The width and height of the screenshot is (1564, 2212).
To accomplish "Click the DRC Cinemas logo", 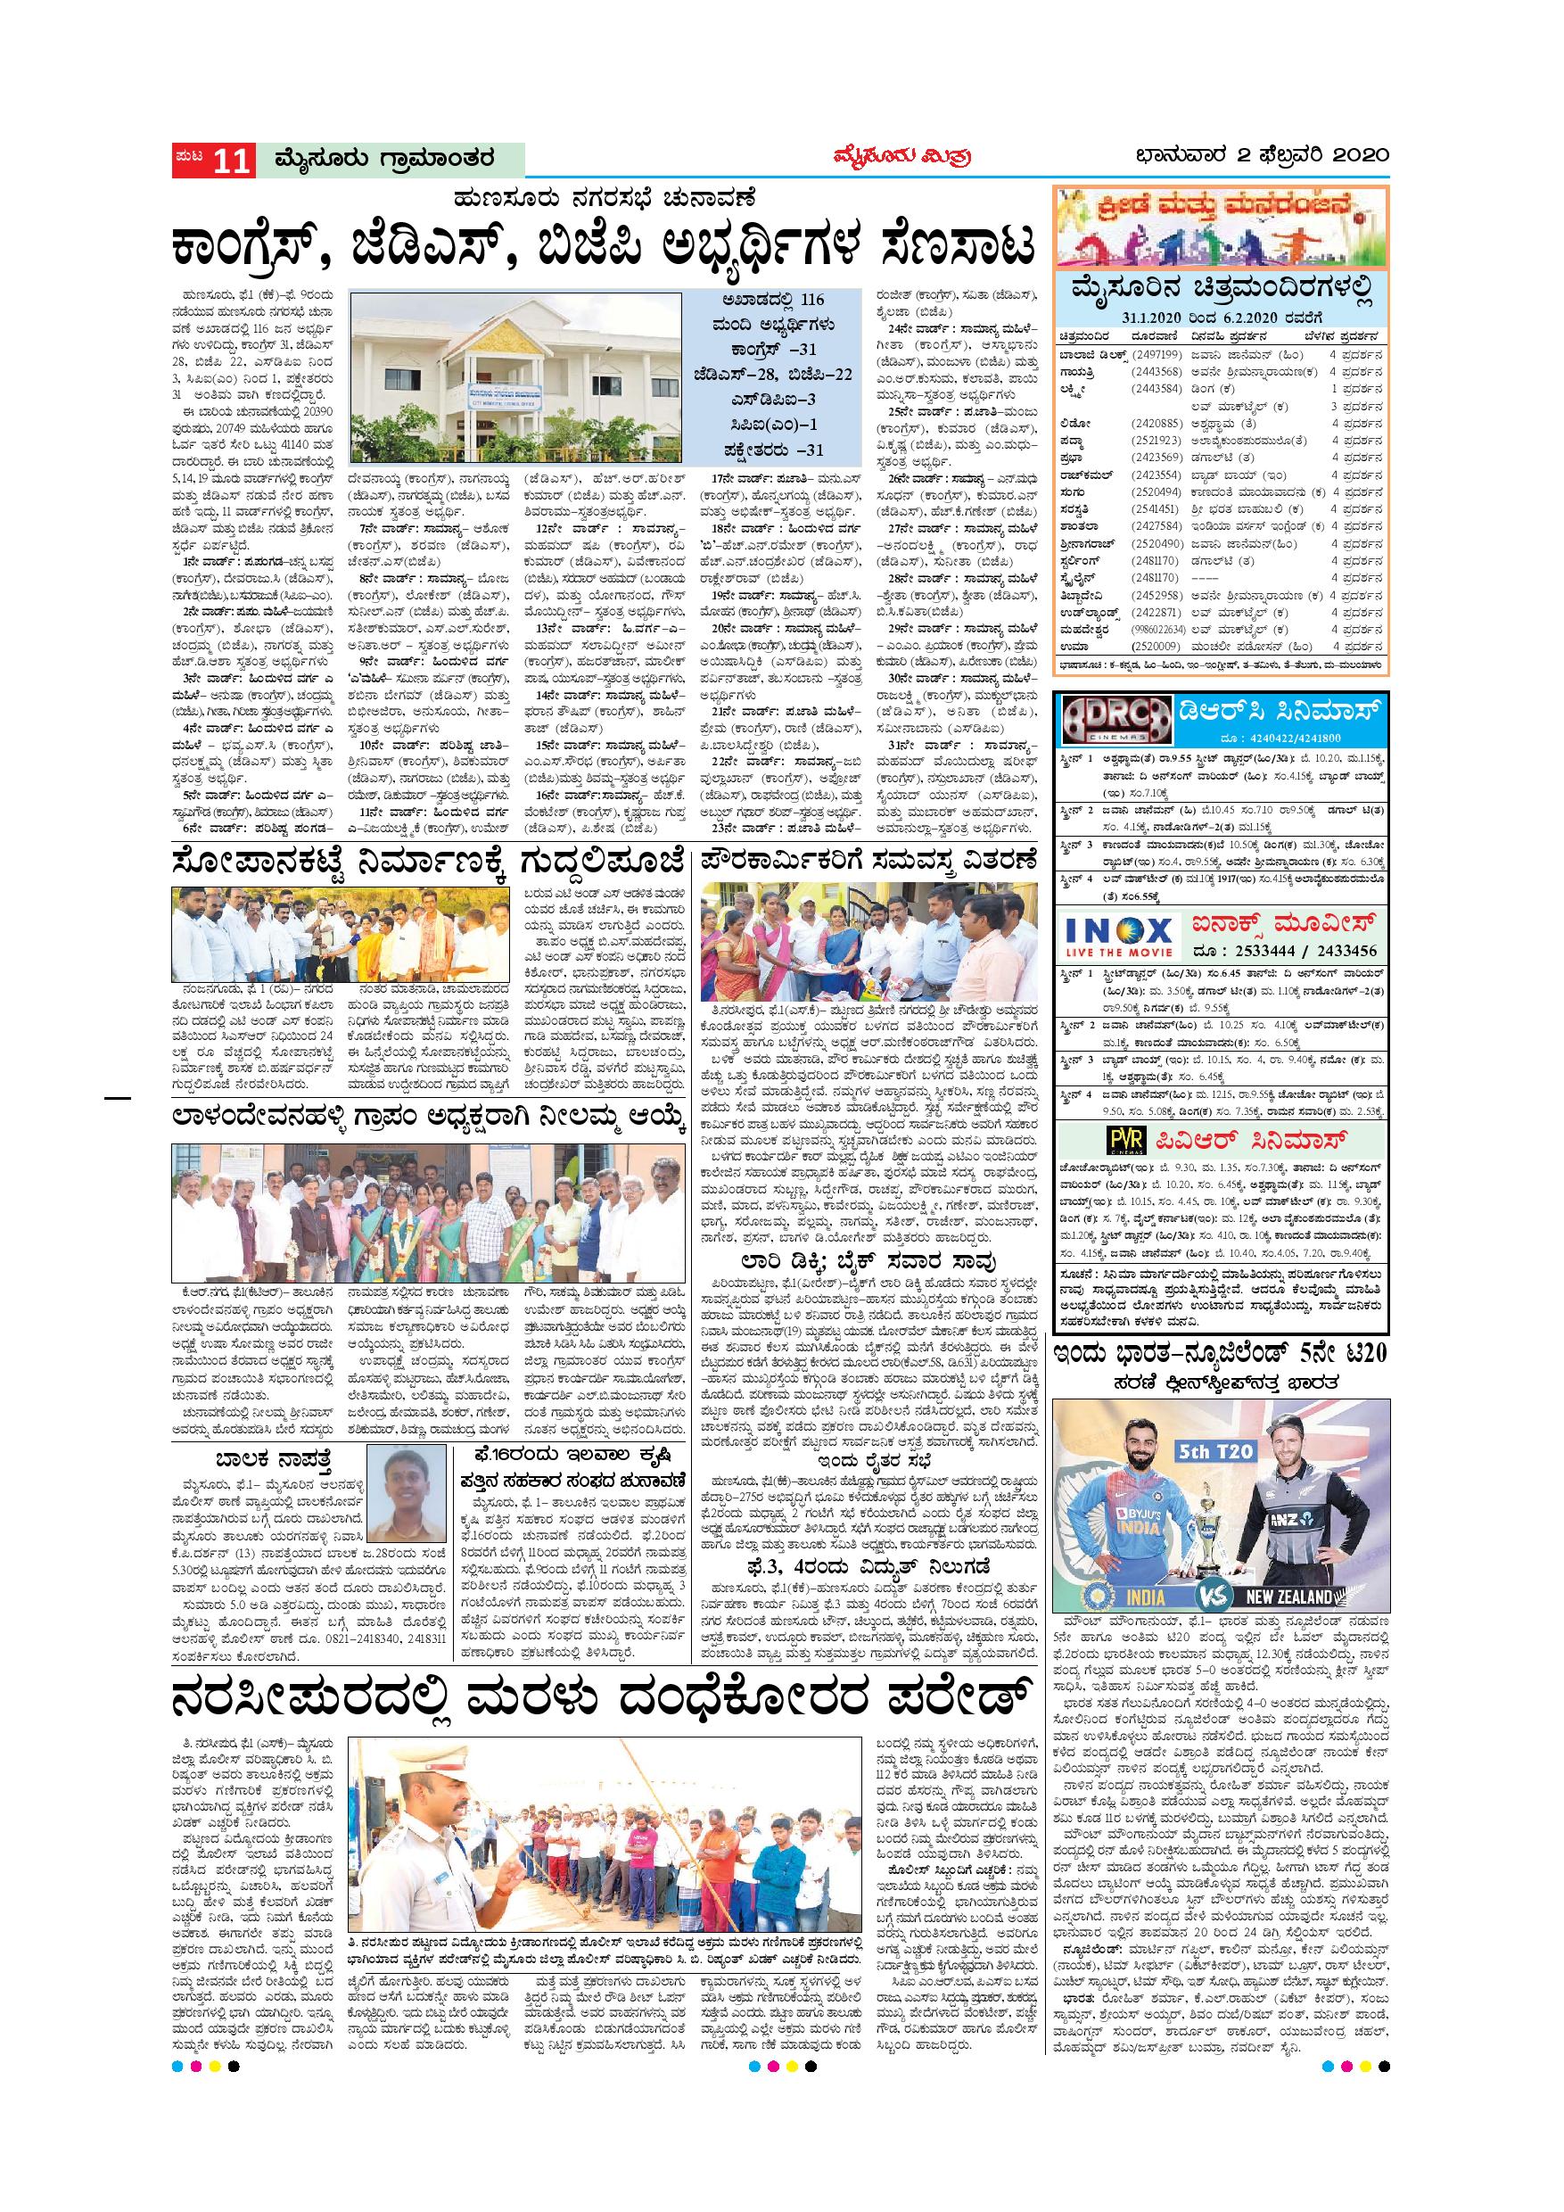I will pos(1114,718).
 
